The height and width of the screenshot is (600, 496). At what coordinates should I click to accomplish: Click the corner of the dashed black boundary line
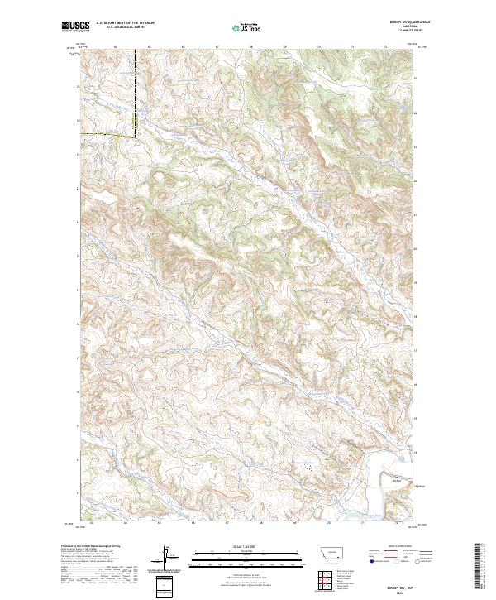coord(136,134)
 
